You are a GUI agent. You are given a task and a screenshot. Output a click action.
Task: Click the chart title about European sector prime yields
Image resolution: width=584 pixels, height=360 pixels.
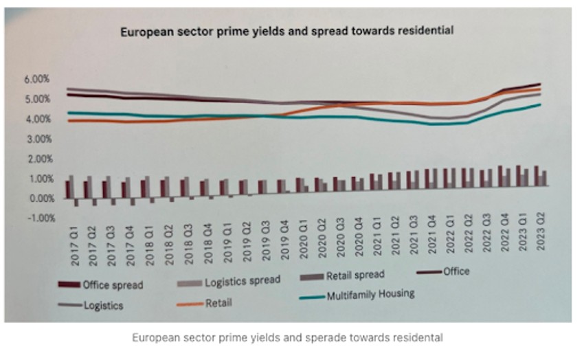(287, 31)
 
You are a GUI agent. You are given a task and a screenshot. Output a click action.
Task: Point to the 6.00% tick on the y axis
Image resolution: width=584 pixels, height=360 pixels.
(37, 79)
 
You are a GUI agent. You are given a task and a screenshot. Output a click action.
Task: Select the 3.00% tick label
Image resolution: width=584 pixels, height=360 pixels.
(37, 139)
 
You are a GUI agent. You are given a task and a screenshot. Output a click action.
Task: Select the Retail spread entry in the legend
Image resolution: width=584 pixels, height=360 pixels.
(355, 276)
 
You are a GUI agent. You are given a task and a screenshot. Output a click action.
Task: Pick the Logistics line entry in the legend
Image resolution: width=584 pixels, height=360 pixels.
(103, 306)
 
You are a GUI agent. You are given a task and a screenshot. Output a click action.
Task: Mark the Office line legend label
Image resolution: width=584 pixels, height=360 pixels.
(456, 271)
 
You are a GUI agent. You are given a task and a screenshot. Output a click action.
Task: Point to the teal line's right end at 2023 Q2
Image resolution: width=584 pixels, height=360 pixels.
(540, 104)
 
